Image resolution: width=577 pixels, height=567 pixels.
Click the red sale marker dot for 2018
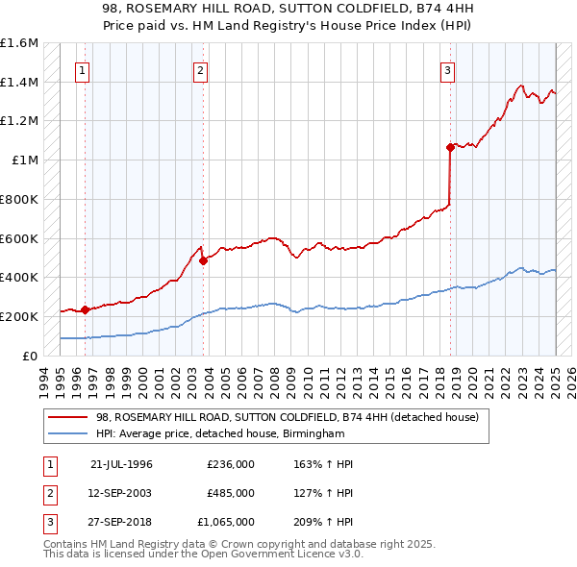click(450, 147)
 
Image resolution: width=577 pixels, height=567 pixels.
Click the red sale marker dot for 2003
click(204, 259)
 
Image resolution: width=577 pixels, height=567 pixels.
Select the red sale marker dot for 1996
click(85, 308)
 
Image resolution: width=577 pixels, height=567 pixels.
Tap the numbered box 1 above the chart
click(83, 69)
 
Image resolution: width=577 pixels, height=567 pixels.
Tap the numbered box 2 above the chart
click(200, 69)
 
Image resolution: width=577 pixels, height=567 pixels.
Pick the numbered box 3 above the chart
click(448, 69)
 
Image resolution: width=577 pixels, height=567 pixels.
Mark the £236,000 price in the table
click(231, 464)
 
